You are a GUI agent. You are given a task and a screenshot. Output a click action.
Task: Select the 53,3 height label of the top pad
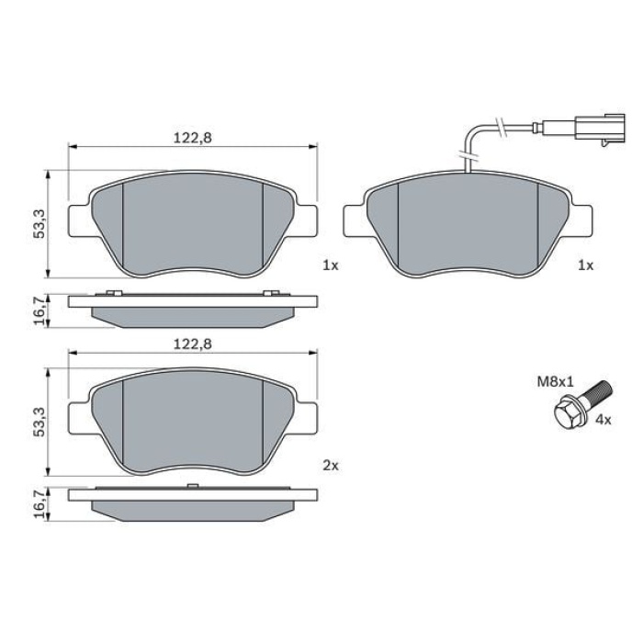tap(36, 224)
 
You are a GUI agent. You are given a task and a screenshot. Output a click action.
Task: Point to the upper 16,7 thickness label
tap(36, 311)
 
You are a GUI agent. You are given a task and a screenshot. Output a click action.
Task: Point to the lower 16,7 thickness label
tap(36, 504)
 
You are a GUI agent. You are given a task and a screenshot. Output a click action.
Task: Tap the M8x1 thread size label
tap(554, 378)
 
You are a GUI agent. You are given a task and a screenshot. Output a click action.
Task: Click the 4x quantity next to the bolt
tap(604, 419)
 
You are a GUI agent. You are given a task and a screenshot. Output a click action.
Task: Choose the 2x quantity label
tap(331, 466)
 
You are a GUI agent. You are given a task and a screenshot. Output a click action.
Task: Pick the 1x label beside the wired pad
tap(585, 265)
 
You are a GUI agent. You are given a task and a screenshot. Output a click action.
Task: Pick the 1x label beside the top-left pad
tap(331, 265)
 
